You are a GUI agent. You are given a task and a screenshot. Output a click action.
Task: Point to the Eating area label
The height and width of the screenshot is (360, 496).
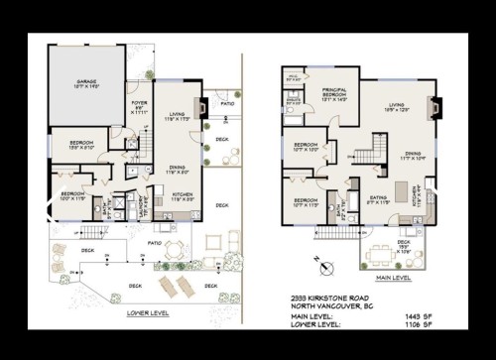378,199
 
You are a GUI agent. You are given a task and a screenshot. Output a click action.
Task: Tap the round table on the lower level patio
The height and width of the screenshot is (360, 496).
175,247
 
